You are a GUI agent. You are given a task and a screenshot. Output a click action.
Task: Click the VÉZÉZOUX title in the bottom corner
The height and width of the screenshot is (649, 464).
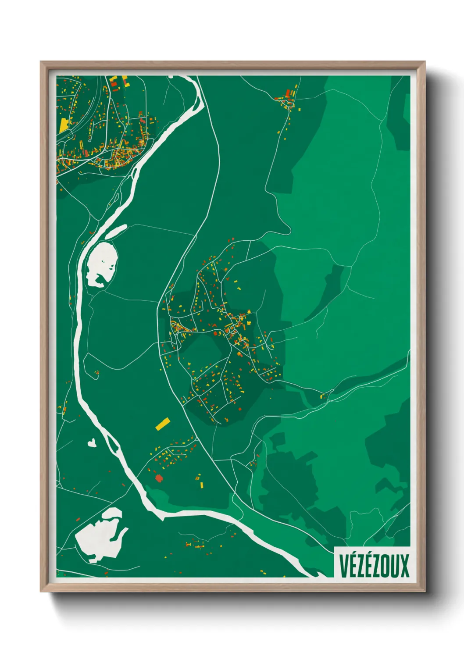click(374, 566)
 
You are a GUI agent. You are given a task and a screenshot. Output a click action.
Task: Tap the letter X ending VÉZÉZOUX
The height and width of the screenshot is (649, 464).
click(404, 566)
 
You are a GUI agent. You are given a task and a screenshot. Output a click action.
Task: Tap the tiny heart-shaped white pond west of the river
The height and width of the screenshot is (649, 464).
click(92, 443)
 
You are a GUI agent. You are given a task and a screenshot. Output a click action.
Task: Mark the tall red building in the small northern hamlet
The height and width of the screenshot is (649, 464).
click(288, 93)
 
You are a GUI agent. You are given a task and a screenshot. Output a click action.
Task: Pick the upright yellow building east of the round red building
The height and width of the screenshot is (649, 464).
click(202, 485)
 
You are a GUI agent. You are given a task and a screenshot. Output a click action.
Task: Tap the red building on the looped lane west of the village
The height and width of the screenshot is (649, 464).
click(97, 373)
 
